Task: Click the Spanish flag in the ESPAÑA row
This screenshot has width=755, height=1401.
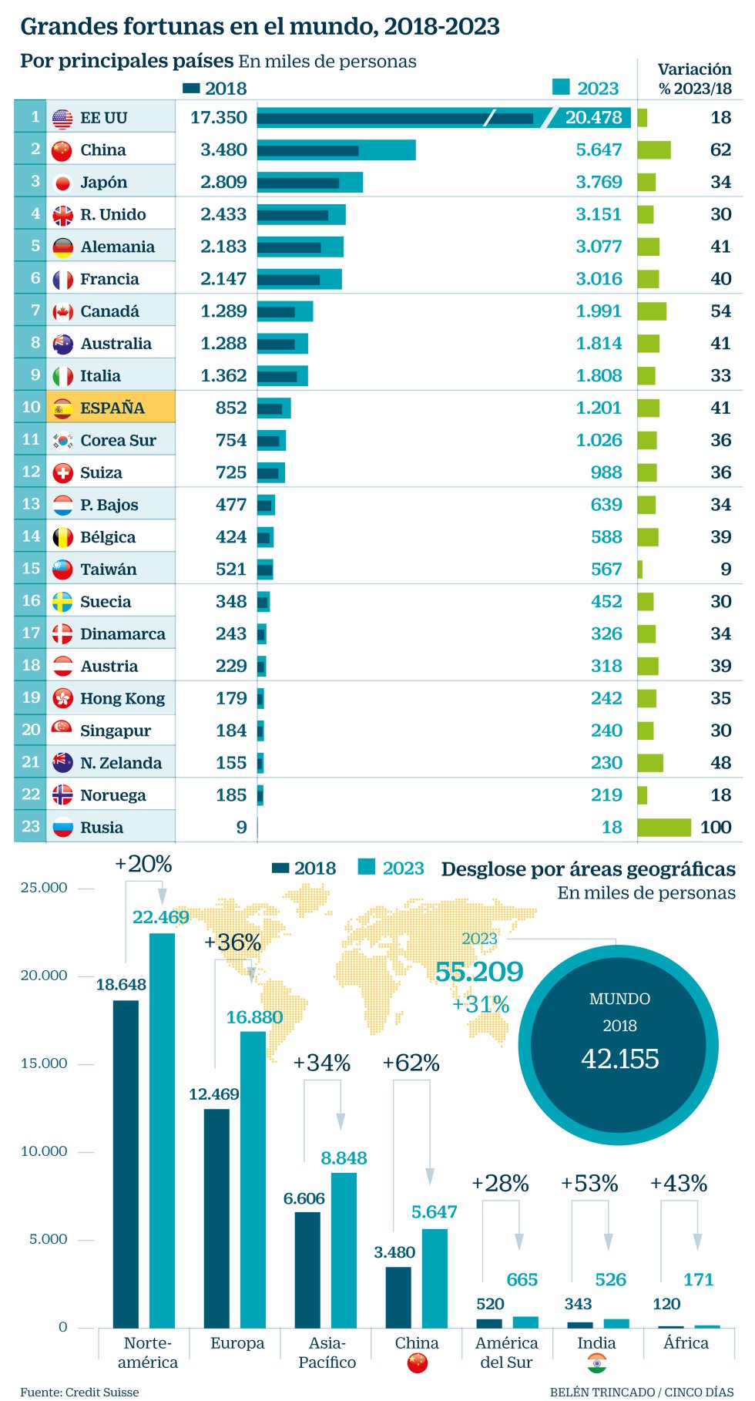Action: pyautogui.click(x=62, y=408)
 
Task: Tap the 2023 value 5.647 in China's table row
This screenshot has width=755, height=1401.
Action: pyautogui.click(x=599, y=150)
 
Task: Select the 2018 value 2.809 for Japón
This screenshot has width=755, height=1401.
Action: pyautogui.click(x=223, y=182)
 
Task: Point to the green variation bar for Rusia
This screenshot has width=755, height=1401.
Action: pyautogui.click(x=664, y=827)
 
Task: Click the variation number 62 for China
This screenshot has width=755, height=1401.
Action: pyautogui.click(x=720, y=150)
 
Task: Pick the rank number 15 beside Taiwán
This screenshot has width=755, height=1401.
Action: pyautogui.click(x=31, y=569)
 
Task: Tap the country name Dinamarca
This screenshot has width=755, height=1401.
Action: pyautogui.click(x=122, y=633)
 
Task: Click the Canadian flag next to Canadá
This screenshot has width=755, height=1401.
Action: pyautogui.click(x=62, y=311)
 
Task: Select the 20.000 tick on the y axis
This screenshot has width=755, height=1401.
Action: pyautogui.click(x=44, y=976)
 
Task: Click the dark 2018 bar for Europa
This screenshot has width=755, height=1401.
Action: pyautogui.click(x=216, y=1218)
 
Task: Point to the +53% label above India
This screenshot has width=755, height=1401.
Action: pyautogui.click(x=589, y=1184)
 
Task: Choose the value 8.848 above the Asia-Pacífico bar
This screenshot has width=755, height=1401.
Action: pyautogui.click(x=344, y=1158)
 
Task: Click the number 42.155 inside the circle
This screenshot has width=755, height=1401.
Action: pyautogui.click(x=620, y=1059)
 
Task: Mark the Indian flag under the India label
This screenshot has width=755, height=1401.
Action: pyautogui.click(x=597, y=1363)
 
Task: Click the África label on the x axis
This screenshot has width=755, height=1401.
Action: pyautogui.click(x=686, y=1342)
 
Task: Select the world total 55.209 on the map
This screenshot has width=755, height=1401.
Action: pyautogui.click(x=479, y=972)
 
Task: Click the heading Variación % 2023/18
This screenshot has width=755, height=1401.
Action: pyautogui.click(x=695, y=79)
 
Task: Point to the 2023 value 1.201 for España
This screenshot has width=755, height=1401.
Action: pyautogui.click(x=599, y=408)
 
